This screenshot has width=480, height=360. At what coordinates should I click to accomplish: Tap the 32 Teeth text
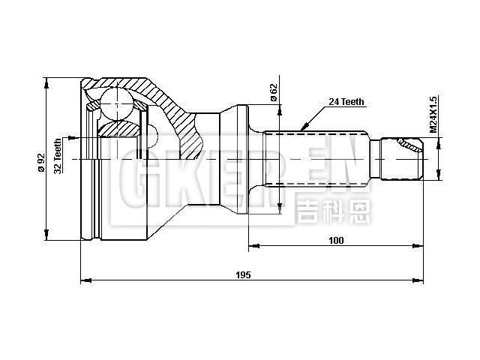point(58,155)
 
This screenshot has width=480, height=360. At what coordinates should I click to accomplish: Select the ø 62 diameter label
point(274,93)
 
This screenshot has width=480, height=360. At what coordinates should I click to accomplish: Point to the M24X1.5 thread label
point(433,115)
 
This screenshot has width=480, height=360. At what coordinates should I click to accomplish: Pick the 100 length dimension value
point(335,240)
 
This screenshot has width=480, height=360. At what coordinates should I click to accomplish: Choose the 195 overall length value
point(242,275)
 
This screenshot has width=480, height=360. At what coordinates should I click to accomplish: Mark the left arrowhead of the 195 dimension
point(84,281)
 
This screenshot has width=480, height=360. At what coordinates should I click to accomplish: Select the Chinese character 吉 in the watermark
point(307,212)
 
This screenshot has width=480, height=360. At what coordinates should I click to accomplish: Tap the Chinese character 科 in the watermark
point(333,212)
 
